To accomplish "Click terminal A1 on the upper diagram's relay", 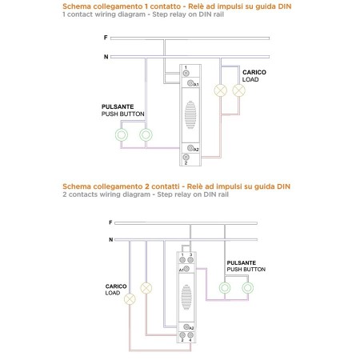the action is pos(190,83).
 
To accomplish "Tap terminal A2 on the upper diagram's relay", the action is pos(190,148).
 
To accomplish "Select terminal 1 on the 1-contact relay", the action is pos(186,73).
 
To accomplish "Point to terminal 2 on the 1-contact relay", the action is pos(186,157).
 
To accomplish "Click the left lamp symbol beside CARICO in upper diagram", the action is pos(221,90).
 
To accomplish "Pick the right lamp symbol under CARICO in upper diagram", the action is pos(239,90).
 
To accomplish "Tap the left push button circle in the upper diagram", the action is pos(122,134).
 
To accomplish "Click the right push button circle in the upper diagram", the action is pos(146,134).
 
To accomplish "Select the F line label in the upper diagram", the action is pos(106,38).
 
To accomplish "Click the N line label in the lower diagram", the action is pos(111,239).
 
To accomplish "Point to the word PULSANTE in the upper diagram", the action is pos(118,106).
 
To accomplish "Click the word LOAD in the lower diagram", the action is pos(113,293).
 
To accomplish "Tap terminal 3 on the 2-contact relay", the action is pos(190,260).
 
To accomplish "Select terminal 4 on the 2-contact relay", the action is pos(190,335).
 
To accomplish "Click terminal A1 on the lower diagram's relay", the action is pos(186,269).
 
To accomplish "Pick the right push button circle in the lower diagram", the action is pos(248,288).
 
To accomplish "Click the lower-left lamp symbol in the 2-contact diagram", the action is pos(130,299).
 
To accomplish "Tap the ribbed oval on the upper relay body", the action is pos(190,114).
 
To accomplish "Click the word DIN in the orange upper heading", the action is pos(285,6).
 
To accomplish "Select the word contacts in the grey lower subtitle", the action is pos(83,194).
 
